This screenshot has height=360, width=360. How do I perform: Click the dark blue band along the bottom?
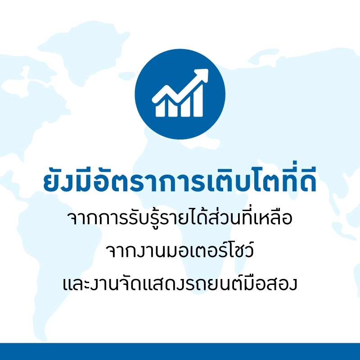pos(180,351)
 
